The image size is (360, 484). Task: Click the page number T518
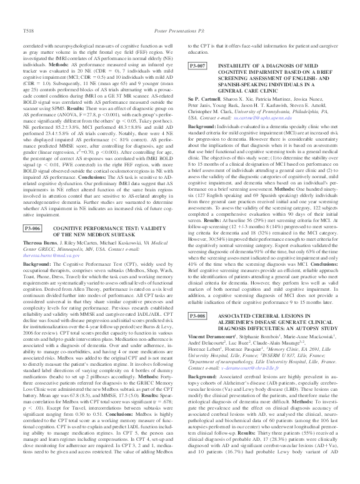click(x=29, y=12)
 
